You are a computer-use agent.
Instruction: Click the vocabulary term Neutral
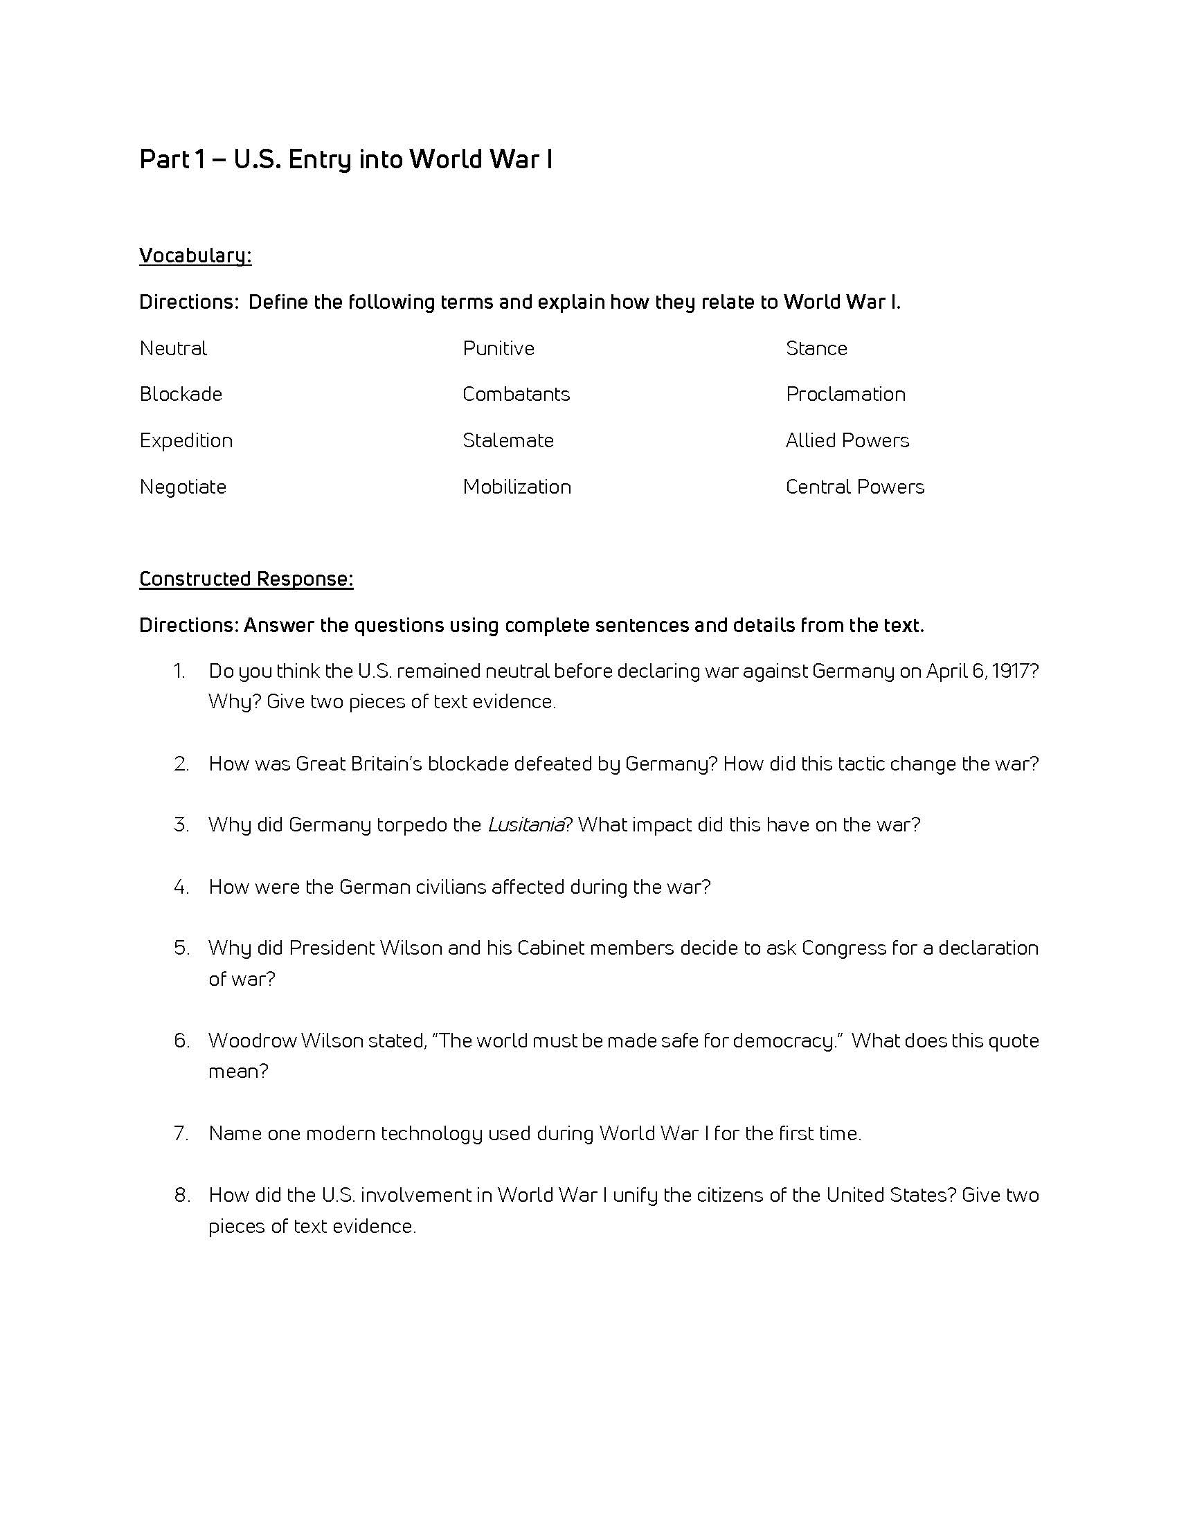tap(173, 348)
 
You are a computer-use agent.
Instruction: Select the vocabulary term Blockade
tap(181, 394)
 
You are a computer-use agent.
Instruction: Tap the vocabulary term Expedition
tap(186, 440)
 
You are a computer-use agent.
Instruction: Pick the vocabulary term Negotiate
tap(183, 487)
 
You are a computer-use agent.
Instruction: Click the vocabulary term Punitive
tap(498, 348)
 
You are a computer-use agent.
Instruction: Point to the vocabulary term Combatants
tap(516, 394)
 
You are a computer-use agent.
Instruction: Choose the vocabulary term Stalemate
tap(508, 440)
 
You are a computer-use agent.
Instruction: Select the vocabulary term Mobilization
tap(516, 487)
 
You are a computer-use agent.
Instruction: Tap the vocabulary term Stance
tap(816, 348)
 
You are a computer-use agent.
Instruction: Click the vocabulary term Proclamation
tap(846, 394)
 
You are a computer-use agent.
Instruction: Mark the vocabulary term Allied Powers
tap(847, 440)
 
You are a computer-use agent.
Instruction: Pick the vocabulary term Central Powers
tap(855, 487)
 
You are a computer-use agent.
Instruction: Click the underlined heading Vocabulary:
tap(195, 256)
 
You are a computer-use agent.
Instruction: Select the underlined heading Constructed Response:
tap(246, 579)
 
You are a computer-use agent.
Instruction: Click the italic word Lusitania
tap(525, 825)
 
